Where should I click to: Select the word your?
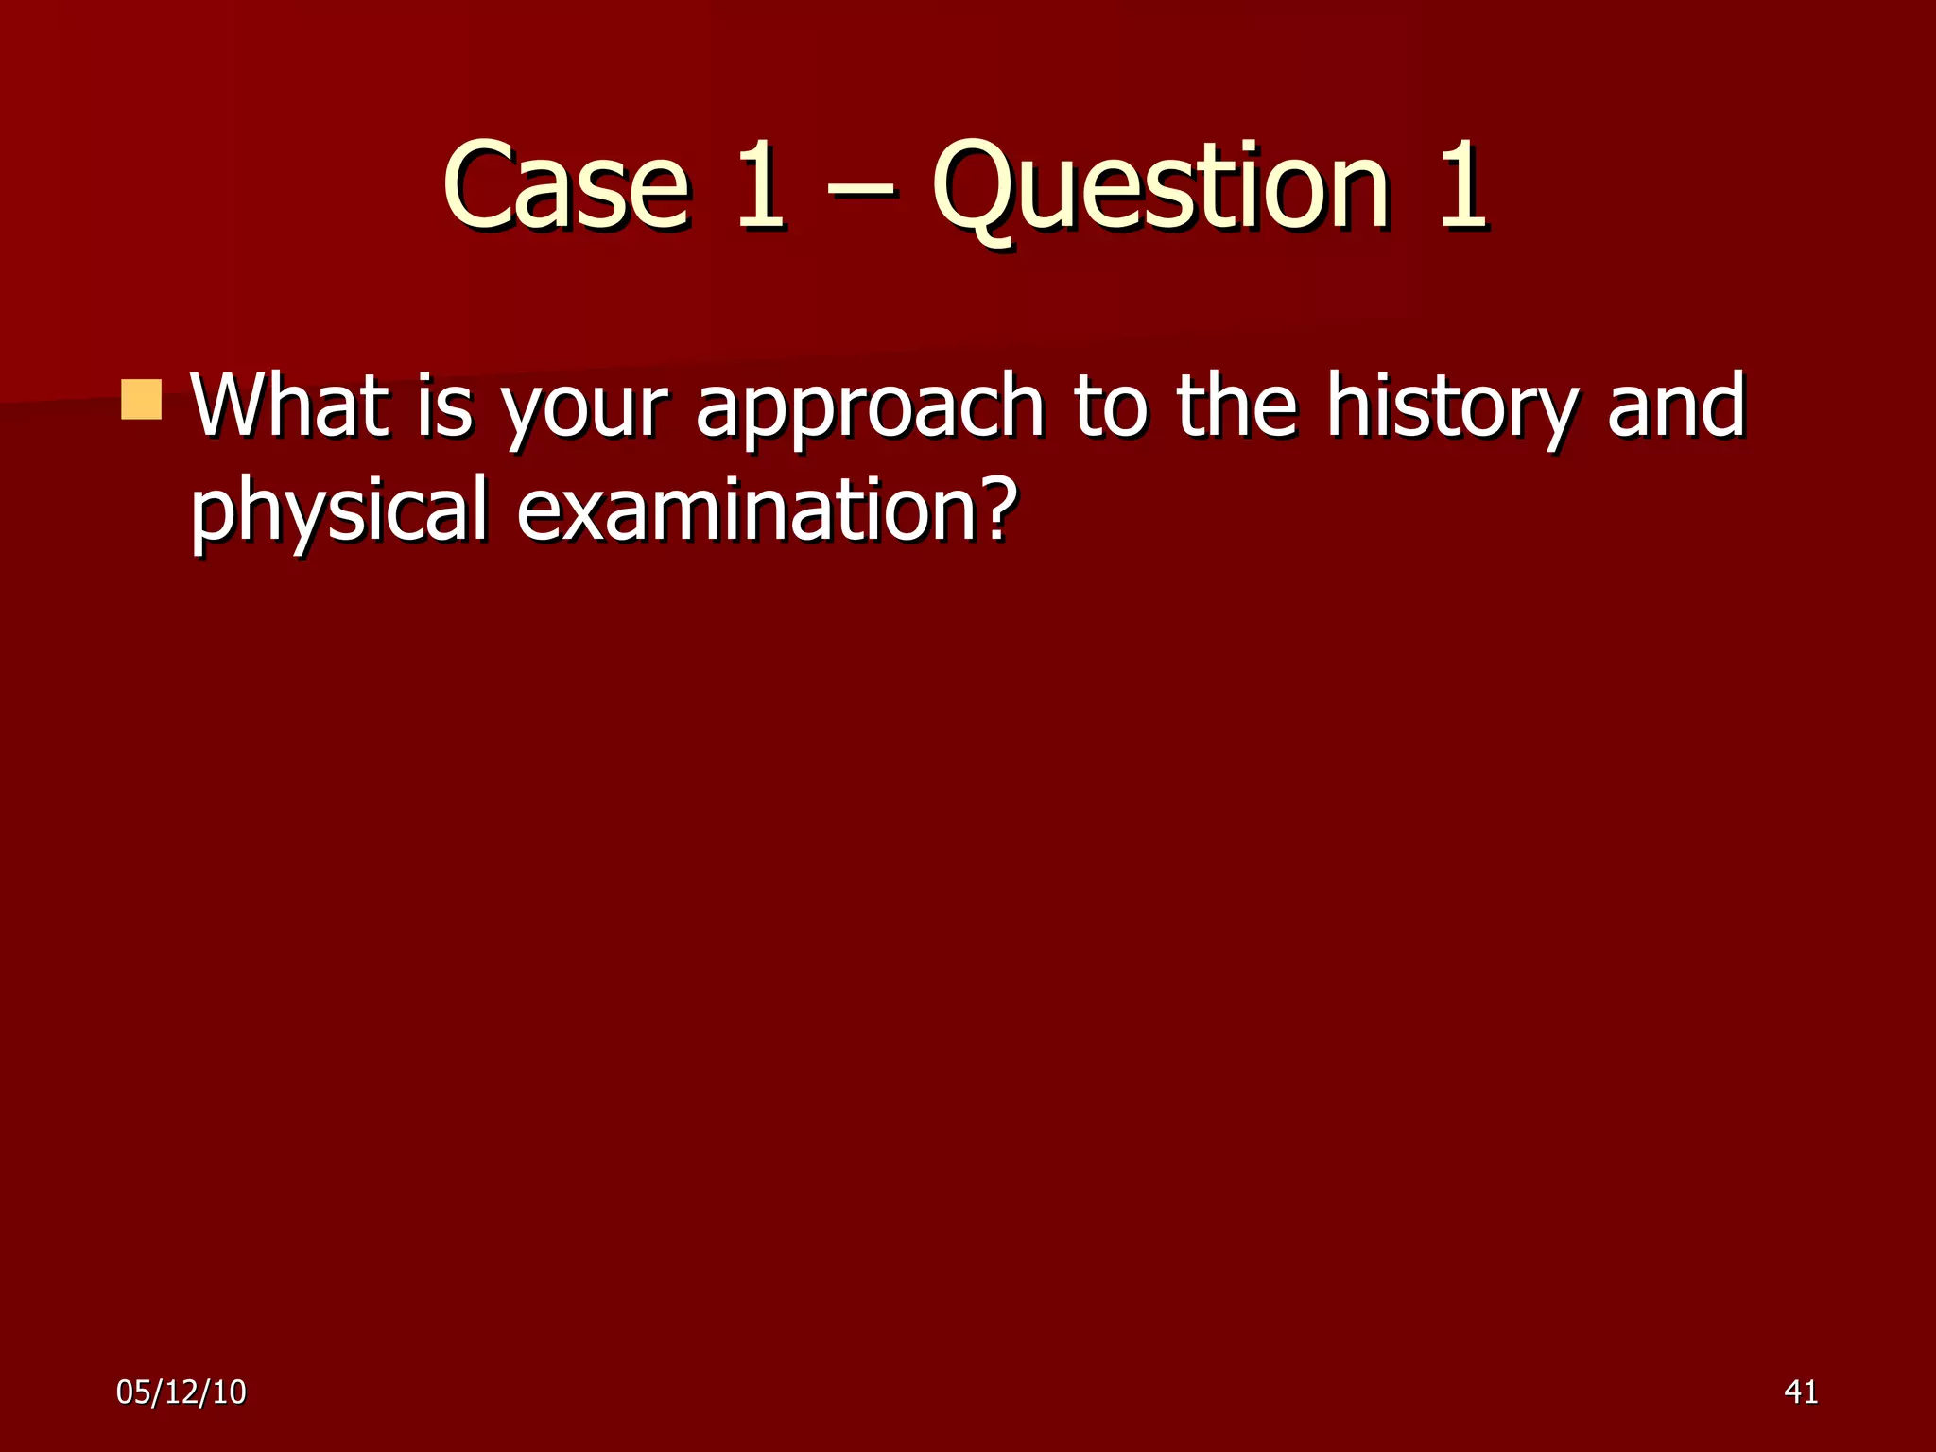pos(585,412)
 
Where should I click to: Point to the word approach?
pos(870,412)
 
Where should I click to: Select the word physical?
pos(339,513)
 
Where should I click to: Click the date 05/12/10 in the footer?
pos(181,1392)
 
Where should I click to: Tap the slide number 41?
pos(1801,1392)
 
